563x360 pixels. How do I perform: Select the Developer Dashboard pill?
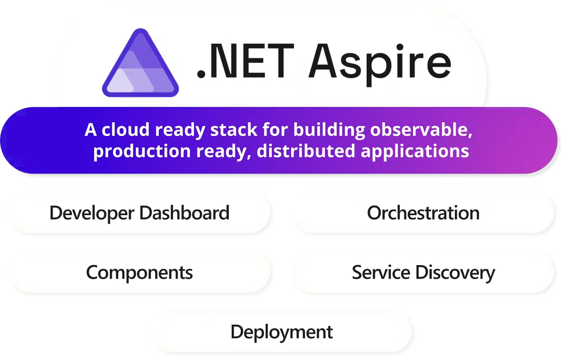(139, 213)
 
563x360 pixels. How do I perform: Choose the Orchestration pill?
(423, 213)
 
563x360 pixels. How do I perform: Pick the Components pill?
(139, 272)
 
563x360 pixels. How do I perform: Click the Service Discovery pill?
(423, 272)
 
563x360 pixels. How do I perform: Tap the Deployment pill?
(281, 332)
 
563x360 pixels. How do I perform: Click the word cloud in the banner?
(126, 129)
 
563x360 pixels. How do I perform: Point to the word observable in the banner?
(421, 129)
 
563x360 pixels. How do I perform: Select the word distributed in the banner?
(306, 151)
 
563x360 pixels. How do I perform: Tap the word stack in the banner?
(234, 129)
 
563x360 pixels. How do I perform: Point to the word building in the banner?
(329, 130)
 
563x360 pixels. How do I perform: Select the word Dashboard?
(184, 213)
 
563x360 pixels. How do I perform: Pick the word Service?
(381, 272)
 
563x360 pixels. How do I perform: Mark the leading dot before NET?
(201, 74)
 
